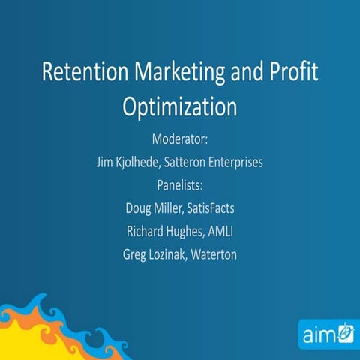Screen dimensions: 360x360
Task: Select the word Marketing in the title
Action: (x=179, y=73)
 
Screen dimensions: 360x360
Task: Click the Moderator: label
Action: (x=180, y=139)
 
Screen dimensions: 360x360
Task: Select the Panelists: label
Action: (x=180, y=182)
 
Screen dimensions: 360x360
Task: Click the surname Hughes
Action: (x=196, y=226)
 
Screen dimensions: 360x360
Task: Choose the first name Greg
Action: (x=135, y=254)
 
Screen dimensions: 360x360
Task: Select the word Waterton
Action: (x=223, y=254)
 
